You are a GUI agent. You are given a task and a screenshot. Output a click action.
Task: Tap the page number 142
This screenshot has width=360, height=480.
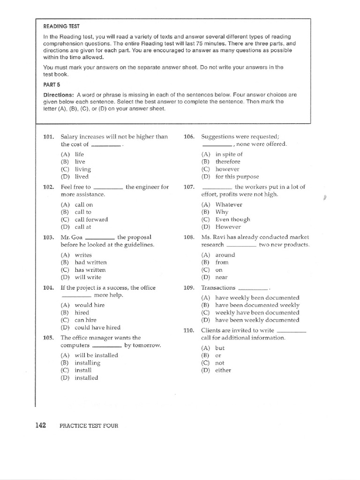(x=40, y=425)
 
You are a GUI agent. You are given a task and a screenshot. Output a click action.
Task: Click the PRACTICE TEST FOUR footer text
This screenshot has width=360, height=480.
(x=89, y=426)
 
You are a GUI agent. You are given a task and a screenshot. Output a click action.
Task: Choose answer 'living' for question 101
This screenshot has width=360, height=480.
(x=82, y=169)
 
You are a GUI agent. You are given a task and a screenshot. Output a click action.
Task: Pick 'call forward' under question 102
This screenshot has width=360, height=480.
(x=91, y=219)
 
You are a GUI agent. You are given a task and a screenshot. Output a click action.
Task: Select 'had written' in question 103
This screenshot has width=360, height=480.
(x=90, y=262)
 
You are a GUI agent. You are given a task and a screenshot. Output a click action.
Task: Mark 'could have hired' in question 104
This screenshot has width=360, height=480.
(x=97, y=328)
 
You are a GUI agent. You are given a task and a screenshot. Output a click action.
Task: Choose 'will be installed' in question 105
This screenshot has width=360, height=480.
(x=96, y=355)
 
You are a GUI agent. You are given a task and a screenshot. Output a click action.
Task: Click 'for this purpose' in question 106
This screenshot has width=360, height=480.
(x=237, y=177)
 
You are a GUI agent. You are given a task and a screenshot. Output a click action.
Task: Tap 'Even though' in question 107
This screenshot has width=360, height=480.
(x=232, y=219)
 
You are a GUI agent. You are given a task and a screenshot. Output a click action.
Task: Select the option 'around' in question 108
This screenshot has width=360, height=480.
(x=225, y=255)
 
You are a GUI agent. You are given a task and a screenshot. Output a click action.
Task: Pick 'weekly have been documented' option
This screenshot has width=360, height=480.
(x=257, y=313)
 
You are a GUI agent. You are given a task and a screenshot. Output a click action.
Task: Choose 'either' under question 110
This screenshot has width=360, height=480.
(x=223, y=370)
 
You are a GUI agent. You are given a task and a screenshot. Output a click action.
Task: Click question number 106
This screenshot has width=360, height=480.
(x=189, y=137)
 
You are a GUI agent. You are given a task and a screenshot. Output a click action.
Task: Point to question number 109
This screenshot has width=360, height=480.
(x=189, y=288)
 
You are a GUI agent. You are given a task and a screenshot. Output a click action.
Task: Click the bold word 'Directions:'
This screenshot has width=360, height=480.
(x=59, y=95)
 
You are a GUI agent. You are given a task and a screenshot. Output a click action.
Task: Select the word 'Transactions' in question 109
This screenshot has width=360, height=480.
(x=218, y=288)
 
